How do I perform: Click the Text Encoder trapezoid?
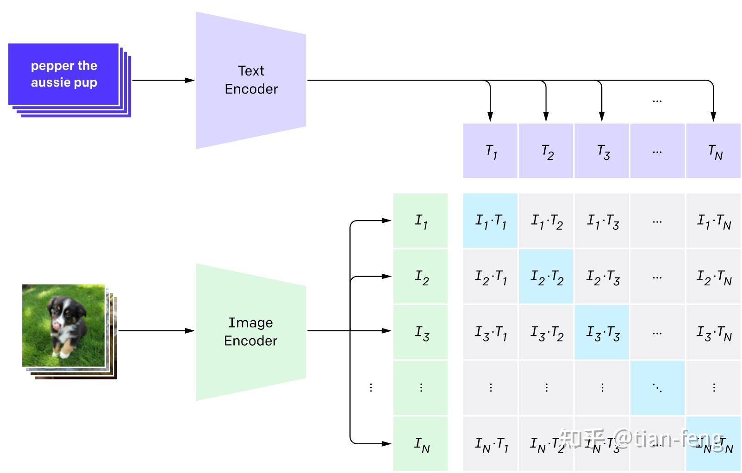(x=251, y=80)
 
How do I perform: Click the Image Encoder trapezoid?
(x=251, y=331)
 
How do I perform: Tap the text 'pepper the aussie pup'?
(x=64, y=74)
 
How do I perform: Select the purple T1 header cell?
(x=490, y=151)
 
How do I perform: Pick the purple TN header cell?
(x=713, y=151)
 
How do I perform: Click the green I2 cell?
(x=420, y=277)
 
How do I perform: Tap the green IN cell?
(x=420, y=444)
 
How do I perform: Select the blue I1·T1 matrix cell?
(x=490, y=221)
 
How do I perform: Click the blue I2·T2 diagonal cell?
(x=546, y=277)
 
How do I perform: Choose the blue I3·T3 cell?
(x=602, y=332)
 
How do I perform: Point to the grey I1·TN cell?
(x=713, y=221)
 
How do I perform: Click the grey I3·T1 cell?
(x=490, y=332)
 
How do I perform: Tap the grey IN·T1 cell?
(x=490, y=444)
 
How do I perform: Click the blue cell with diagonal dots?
(x=657, y=388)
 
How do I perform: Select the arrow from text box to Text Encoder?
(x=162, y=80)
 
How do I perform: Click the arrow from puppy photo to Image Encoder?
(x=155, y=331)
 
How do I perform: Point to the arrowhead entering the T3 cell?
(x=602, y=117)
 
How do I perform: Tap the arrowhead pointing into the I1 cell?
(x=387, y=221)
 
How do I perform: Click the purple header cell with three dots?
(x=657, y=151)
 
